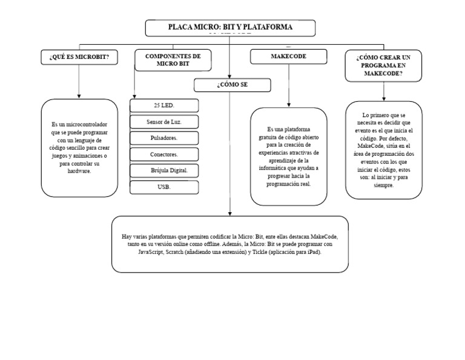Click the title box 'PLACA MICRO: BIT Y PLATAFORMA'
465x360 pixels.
click(x=230, y=28)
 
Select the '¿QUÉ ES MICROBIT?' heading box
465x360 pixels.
click(x=79, y=57)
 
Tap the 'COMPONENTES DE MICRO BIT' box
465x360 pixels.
click(x=173, y=59)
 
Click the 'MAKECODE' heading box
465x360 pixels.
click(x=288, y=56)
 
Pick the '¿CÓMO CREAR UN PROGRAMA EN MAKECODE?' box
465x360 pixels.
click(x=384, y=64)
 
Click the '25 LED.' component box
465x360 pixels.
click(x=164, y=105)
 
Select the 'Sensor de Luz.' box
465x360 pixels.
click(x=164, y=122)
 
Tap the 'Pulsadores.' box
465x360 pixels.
click(x=164, y=138)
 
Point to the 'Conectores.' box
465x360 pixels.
click(x=164, y=155)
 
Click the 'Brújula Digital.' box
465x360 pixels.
click(x=164, y=170)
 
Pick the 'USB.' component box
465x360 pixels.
click(x=164, y=187)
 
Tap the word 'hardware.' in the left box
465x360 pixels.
click(x=79, y=172)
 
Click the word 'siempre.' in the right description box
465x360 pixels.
click(x=383, y=185)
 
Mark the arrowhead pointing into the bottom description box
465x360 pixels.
click(x=230, y=213)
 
